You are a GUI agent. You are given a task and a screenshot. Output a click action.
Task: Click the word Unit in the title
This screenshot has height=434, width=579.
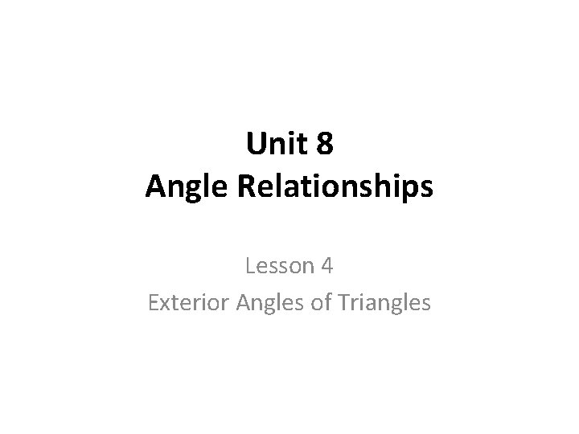272,146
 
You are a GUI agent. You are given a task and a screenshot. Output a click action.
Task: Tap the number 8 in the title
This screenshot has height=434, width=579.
324,146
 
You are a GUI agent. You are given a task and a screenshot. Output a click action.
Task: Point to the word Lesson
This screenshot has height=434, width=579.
277,265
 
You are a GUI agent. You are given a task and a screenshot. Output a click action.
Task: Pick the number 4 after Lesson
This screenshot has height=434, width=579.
328,265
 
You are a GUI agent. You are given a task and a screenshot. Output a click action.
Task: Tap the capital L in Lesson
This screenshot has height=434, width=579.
251,265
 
